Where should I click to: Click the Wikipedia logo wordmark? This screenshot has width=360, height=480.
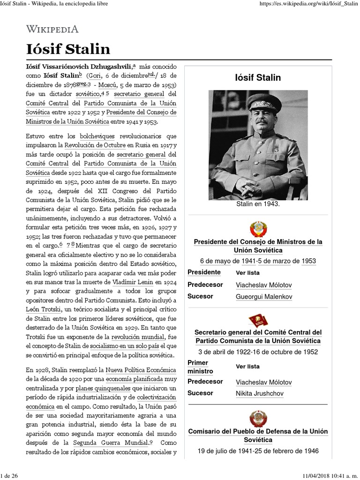click(52, 29)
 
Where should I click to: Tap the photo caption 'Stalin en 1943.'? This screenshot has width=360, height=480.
click(257, 204)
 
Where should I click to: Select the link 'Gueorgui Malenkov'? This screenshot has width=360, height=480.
click(264, 297)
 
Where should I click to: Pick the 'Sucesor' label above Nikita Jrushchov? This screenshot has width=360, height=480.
click(200, 393)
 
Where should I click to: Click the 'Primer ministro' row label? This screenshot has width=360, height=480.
click(201, 367)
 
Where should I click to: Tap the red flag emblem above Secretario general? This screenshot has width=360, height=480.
click(257, 321)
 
